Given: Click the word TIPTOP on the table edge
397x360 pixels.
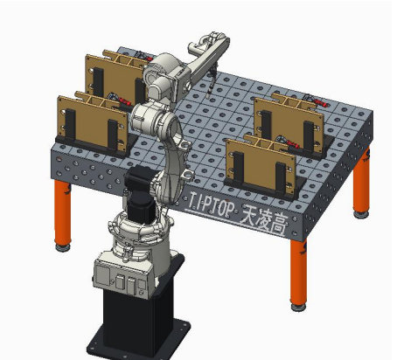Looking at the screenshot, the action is pyautogui.click(x=212, y=204).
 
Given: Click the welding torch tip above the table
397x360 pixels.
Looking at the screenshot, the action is pyautogui.click(x=207, y=96).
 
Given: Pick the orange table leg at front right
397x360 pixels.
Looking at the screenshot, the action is pyautogui.click(x=298, y=272).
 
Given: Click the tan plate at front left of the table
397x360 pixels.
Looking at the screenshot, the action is pyautogui.click(x=93, y=123).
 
